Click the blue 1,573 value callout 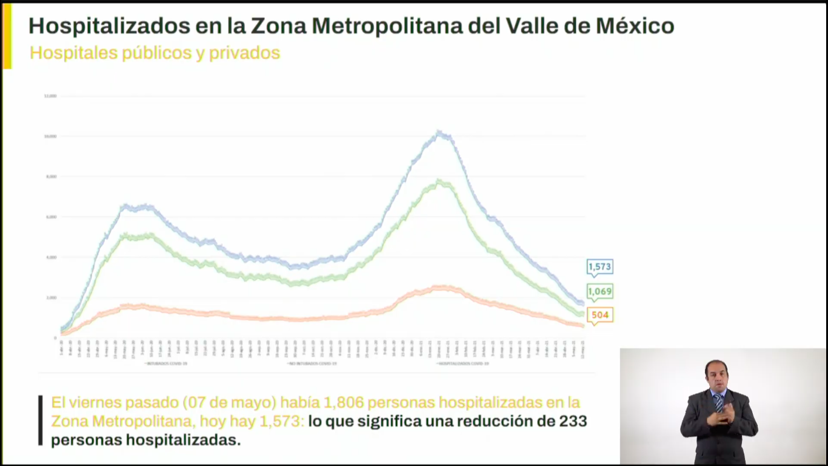599,266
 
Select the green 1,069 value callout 599,291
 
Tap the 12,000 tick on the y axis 50,96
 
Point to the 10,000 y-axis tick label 50,137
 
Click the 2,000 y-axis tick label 50,297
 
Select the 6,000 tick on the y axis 50,217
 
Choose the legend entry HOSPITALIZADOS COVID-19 462,363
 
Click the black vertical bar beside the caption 41,420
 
